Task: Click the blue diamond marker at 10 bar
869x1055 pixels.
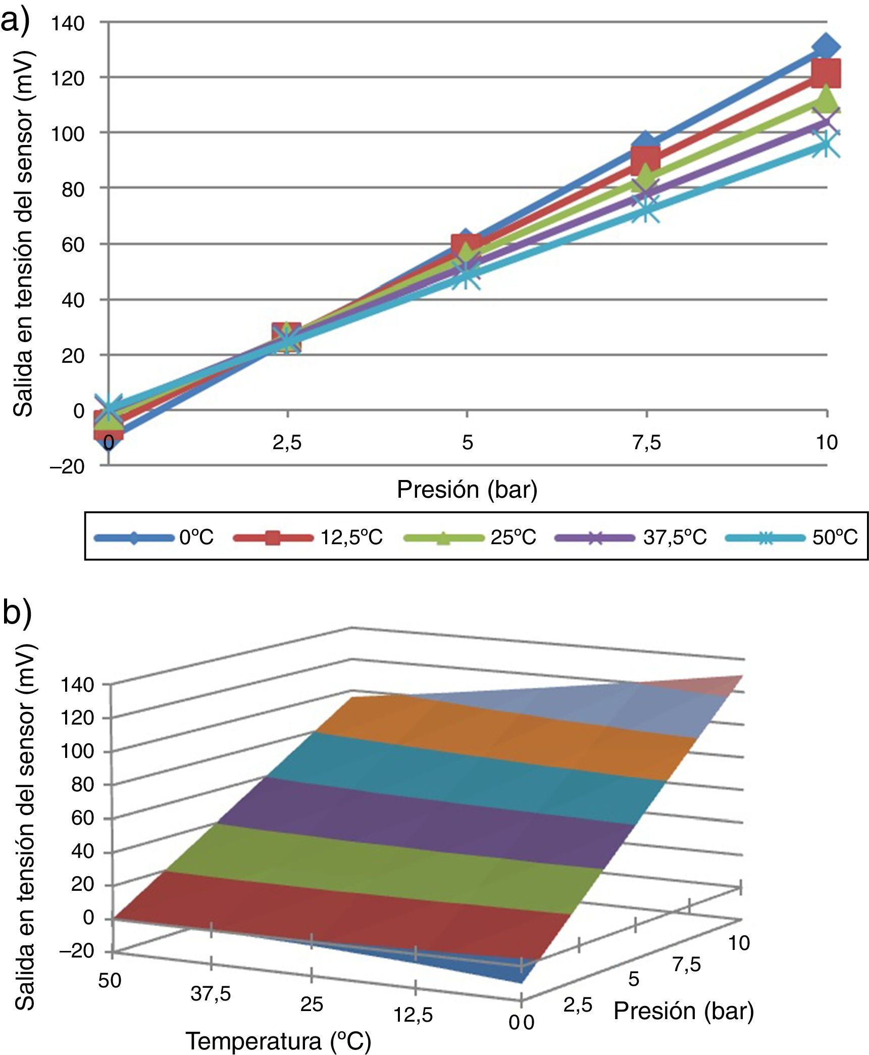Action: coord(826,47)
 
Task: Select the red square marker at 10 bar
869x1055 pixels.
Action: coord(826,73)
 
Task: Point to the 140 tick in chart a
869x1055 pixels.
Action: coord(67,23)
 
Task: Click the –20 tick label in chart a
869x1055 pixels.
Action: coord(66,466)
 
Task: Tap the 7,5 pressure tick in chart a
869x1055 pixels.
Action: coord(646,443)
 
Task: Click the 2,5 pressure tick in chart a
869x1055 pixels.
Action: coord(287,443)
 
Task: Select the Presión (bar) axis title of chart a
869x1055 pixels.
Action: coord(467,490)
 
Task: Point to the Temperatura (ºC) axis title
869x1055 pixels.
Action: coord(278,1040)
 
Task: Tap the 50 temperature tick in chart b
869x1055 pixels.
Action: coord(110,981)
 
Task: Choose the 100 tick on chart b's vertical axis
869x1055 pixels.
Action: coord(77,751)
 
